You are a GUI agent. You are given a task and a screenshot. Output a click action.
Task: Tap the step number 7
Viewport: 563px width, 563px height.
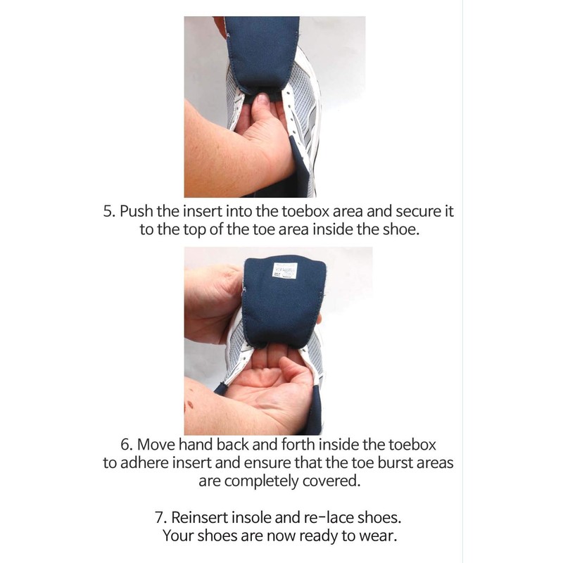[x=160, y=517]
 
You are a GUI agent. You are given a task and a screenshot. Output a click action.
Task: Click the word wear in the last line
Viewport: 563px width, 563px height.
[x=380, y=536]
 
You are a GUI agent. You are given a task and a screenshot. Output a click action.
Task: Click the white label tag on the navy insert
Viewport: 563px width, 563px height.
[x=283, y=270]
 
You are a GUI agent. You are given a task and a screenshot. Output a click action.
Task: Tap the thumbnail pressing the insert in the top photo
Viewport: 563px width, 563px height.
[x=262, y=100]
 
